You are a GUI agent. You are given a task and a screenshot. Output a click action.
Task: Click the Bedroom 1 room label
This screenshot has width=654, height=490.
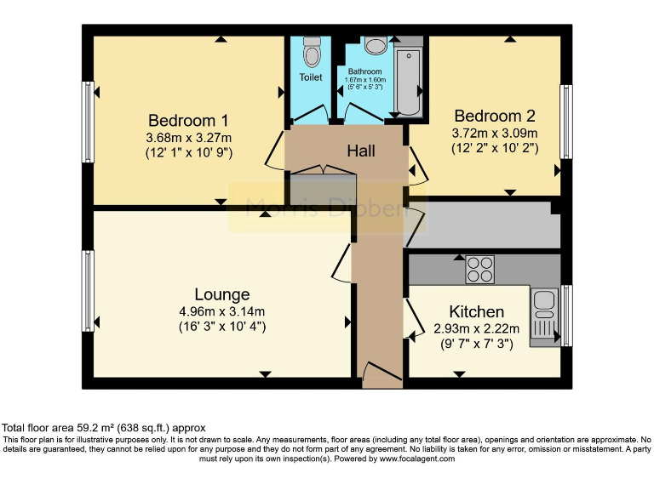[x=188, y=119]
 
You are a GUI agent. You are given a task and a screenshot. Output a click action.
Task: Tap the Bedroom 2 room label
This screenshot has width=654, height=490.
[x=494, y=116]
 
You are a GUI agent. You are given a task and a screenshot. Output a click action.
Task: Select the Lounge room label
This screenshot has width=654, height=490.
[x=221, y=294]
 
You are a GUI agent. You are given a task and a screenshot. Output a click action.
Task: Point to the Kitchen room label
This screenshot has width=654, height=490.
[x=468, y=312]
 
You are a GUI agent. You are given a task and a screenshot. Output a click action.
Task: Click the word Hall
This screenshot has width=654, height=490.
[x=361, y=151]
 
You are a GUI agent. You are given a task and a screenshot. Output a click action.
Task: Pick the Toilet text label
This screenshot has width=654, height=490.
[x=311, y=77]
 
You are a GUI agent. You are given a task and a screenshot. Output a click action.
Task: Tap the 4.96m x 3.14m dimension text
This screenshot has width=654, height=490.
[x=221, y=311]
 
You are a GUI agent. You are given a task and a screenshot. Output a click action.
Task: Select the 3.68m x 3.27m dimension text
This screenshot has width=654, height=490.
[x=188, y=137]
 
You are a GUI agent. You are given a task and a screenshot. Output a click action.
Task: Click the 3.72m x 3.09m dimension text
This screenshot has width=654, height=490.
[x=494, y=133]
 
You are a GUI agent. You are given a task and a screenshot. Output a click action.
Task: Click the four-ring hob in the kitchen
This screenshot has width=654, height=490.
[x=479, y=270]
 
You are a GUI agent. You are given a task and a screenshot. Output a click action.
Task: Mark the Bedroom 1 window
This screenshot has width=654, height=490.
[x=87, y=122]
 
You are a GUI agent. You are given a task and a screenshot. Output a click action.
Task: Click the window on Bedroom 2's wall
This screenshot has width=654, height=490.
[x=565, y=122]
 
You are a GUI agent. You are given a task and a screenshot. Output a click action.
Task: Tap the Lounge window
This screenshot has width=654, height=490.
[x=87, y=291]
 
